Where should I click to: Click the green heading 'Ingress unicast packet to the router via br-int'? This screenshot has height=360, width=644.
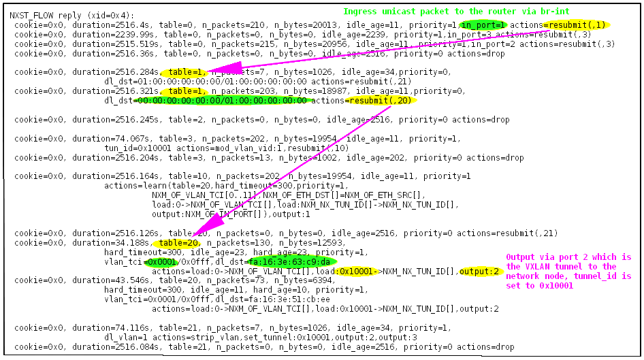[x=456, y=12]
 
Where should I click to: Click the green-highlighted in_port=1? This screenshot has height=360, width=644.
[x=482, y=25]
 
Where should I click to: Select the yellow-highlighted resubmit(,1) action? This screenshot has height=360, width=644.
[x=577, y=25]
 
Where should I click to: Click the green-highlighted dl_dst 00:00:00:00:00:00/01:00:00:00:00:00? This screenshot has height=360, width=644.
[x=222, y=101]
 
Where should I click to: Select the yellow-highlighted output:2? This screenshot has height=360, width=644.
[x=481, y=271]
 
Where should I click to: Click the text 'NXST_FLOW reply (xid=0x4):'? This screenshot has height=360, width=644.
[x=71, y=16]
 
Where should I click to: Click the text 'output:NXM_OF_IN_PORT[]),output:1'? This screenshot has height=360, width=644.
[x=221, y=214]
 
